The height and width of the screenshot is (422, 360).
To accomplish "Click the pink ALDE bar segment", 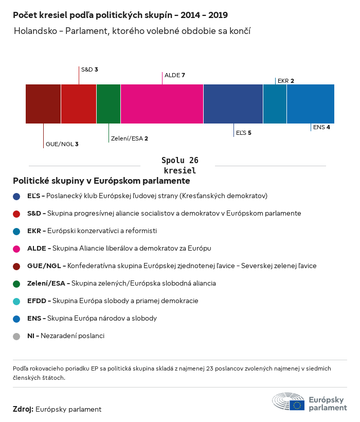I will coord(162,104).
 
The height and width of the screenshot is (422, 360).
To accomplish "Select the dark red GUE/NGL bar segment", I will coord(43,104).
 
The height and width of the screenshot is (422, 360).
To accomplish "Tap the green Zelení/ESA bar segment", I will coord(109,104).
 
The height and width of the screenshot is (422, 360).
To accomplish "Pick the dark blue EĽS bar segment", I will coord(233,104).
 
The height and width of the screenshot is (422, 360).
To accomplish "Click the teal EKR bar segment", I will coord(275,104).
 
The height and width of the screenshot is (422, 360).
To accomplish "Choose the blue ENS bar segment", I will coord(311,104).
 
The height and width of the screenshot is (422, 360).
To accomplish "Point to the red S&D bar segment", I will coord(79,104).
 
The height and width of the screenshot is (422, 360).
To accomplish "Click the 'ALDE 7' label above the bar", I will coord(174,75).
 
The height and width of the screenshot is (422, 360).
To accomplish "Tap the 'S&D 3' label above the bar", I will coord(89,69).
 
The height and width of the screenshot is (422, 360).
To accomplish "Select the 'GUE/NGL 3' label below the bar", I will coord(62,144).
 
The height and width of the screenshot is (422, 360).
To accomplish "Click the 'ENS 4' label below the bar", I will coord(321,127).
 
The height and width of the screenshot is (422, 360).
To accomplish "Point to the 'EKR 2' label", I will coord(286,81).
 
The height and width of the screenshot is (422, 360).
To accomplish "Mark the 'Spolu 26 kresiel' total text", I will coord(179,165).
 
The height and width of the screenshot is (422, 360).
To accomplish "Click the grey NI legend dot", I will coord(17,336).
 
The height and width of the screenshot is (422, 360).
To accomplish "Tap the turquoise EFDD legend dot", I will coord(17,301).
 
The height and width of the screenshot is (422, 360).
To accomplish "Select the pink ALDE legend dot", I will coord(17,249).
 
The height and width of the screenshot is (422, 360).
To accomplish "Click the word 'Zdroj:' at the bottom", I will coord(23,409).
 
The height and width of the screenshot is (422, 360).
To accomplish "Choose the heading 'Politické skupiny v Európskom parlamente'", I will coord(101,181).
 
